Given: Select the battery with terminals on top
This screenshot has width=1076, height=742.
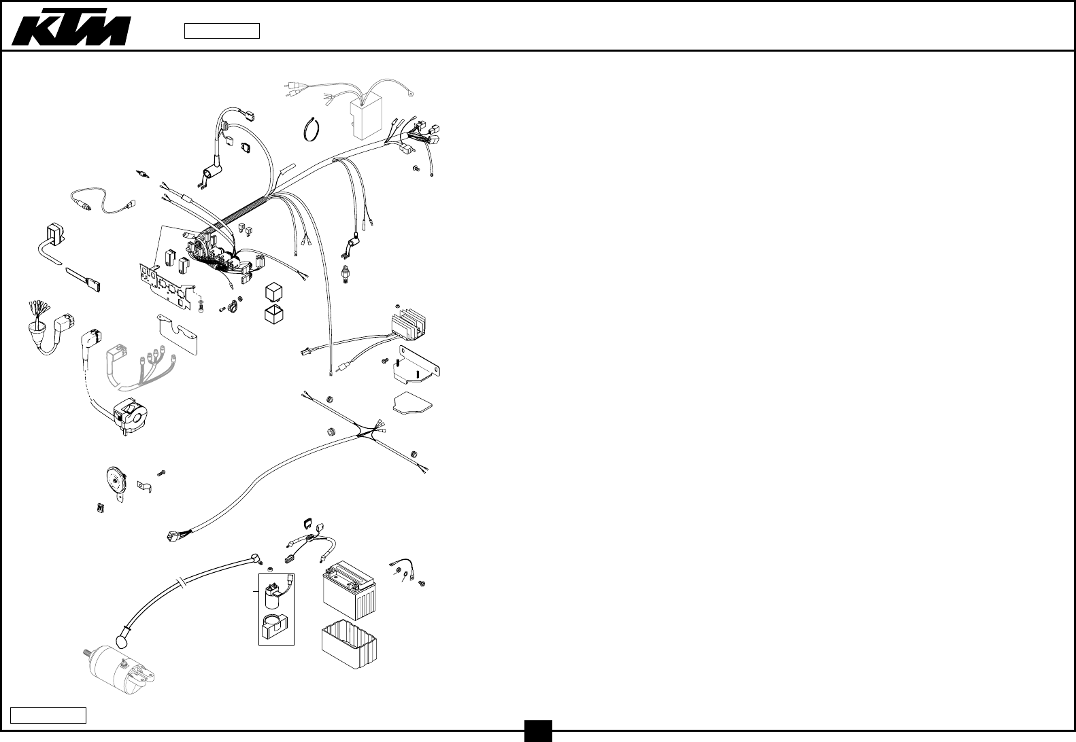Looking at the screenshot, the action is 348,588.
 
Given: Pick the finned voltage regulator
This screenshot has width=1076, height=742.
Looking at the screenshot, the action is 411,323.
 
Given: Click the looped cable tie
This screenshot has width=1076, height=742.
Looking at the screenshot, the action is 312,128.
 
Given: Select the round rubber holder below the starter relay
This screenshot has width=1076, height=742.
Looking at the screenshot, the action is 275,626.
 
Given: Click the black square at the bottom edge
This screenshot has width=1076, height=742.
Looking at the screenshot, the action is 538,731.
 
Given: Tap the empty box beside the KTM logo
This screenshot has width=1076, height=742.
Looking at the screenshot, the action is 222,31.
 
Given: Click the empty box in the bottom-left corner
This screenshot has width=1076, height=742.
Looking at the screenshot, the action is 48,715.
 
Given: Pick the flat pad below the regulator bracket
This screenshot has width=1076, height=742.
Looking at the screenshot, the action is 412,402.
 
